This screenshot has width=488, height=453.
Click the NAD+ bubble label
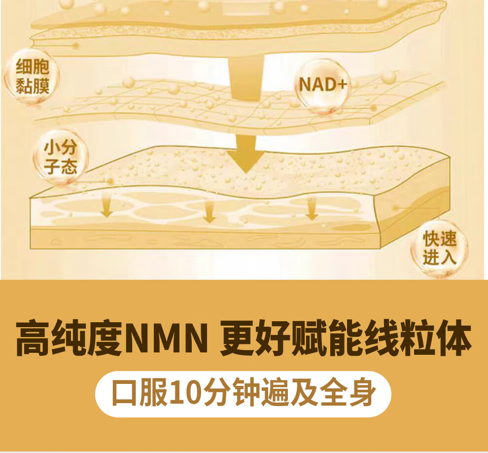point(322,84)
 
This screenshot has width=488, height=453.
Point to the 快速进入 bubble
point(439,248)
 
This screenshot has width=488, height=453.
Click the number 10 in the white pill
point(184,393)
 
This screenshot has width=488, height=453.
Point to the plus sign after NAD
point(342,84)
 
